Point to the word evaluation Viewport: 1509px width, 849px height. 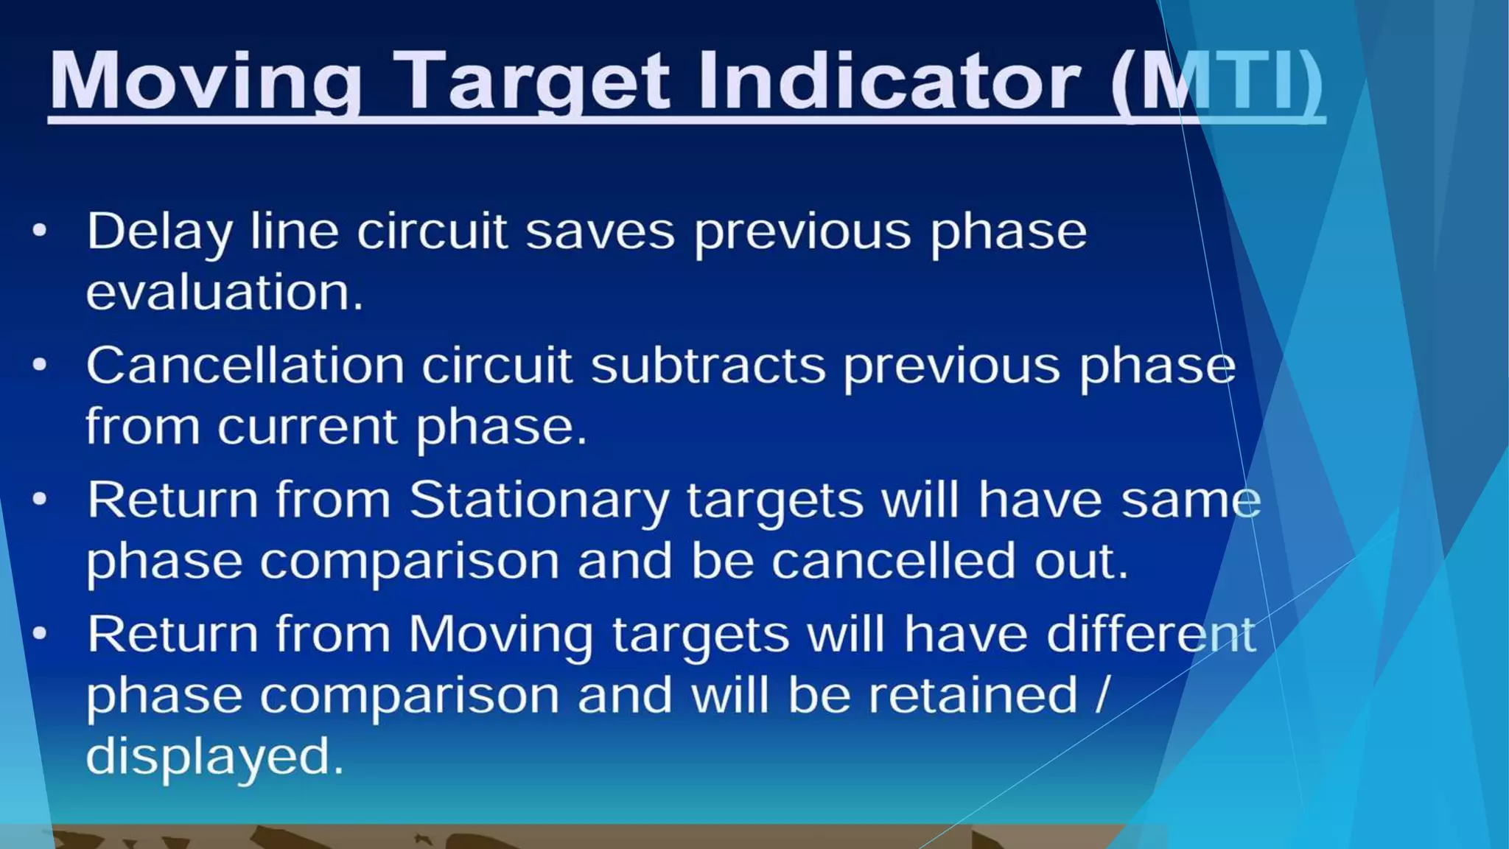(x=225, y=292)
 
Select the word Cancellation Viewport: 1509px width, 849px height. (x=245, y=366)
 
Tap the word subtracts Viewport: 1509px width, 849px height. (x=708, y=366)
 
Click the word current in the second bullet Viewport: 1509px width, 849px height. (x=307, y=427)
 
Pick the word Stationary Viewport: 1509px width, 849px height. (x=539, y=501)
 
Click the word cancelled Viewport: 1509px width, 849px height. (x=894, y=561)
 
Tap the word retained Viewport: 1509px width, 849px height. (x=973, y=695)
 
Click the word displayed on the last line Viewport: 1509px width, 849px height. (x=214, y=757)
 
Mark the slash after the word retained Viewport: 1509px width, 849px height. (x=1102, y=695)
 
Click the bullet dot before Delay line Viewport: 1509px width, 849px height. (x=40, y=231)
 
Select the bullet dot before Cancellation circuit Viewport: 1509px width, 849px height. (x=40, y=364)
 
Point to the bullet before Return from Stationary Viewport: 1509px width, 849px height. (x=40, y=500)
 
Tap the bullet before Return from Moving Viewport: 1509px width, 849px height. (x=40, y=633)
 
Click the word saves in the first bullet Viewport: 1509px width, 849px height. (x=600, y=232)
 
